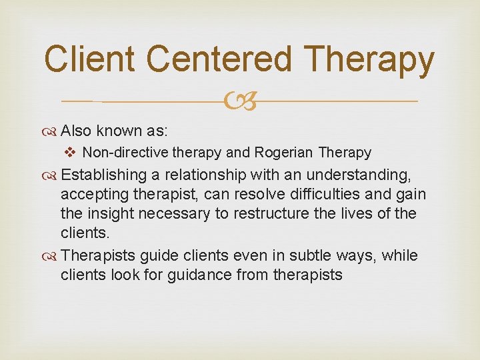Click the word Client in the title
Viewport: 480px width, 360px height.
(x=91, y=59)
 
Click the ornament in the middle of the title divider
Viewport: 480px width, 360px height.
(x=241, y=102)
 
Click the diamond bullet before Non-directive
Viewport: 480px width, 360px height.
(x=73, y=153)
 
